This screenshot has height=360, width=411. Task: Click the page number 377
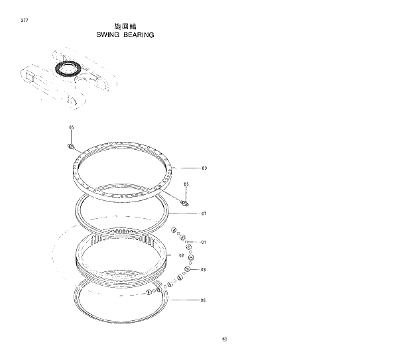point(25,21)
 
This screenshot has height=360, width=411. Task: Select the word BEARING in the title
point(139,34)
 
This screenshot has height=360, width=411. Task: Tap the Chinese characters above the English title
point(125,26)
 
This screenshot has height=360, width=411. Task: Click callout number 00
point(204,168)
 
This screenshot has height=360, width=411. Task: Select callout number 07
point(204,213)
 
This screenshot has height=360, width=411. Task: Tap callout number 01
point(204,242)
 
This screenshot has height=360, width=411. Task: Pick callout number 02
point(180,255)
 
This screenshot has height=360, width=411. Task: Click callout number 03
point(204,270)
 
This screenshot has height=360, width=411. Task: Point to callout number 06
point(204,300)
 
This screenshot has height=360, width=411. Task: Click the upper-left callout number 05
point(72,127)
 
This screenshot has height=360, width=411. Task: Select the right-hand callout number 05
point(186,184)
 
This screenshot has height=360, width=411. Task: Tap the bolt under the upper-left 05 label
point(72,146)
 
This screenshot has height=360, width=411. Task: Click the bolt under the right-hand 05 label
point(185,203)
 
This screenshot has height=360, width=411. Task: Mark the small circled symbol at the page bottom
point(224,341)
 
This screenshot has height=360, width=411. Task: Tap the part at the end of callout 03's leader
point(188,269)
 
